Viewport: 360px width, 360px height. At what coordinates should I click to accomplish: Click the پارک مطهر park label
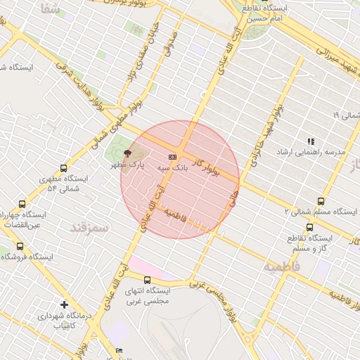[127, 164]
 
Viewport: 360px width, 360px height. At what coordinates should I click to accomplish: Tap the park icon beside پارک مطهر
[127, 153]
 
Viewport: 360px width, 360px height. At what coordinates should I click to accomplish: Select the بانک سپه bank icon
[172, 157]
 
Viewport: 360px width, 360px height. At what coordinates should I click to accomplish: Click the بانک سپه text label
[172, 168]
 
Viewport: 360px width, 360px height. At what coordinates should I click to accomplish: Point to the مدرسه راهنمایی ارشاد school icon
[311, 141]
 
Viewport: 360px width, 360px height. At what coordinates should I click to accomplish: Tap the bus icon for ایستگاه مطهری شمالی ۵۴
[64, 169]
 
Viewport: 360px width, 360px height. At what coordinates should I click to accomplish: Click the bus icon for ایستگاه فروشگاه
[19, 246]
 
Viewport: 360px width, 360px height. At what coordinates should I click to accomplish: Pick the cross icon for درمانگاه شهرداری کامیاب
[64, 304]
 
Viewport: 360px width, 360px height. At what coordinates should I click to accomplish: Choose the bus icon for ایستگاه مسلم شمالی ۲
[321, 201]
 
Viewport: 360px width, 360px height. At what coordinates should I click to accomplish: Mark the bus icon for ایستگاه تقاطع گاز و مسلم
[310, 227]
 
